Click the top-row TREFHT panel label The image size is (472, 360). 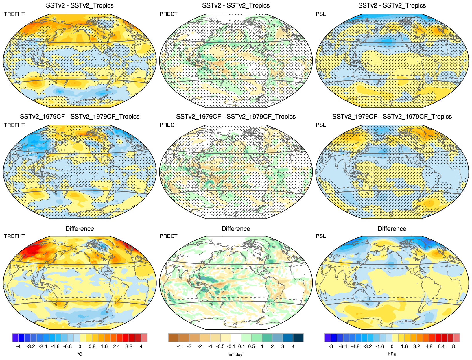tap(14, 14)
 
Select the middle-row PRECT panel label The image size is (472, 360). tap(168, 125)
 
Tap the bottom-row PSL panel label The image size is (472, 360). tap(321, 236)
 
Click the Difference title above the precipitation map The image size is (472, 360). tap(236, 229)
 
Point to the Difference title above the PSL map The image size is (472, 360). tap(392, 229)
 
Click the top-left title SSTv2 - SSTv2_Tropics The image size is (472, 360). tap(80, 5)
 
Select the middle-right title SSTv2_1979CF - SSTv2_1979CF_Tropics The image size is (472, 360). tap(392, 117)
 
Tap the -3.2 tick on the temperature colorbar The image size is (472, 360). tap(31, 346)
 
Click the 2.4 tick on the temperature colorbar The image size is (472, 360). tap(117, 346)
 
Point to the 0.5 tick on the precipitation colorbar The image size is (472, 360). tap(252, 346)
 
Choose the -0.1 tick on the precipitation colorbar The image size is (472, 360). tap(231, 346)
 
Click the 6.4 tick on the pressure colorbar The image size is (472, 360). tap(441, 346)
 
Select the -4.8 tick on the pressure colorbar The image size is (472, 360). tap(355, 346)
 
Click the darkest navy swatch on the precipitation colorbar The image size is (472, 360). tap(298, 338)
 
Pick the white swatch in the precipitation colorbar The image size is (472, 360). tap(236, 338)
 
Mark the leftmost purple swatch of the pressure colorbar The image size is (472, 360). tap(328, 338)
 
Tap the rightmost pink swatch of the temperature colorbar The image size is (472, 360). tap(144, 338)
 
